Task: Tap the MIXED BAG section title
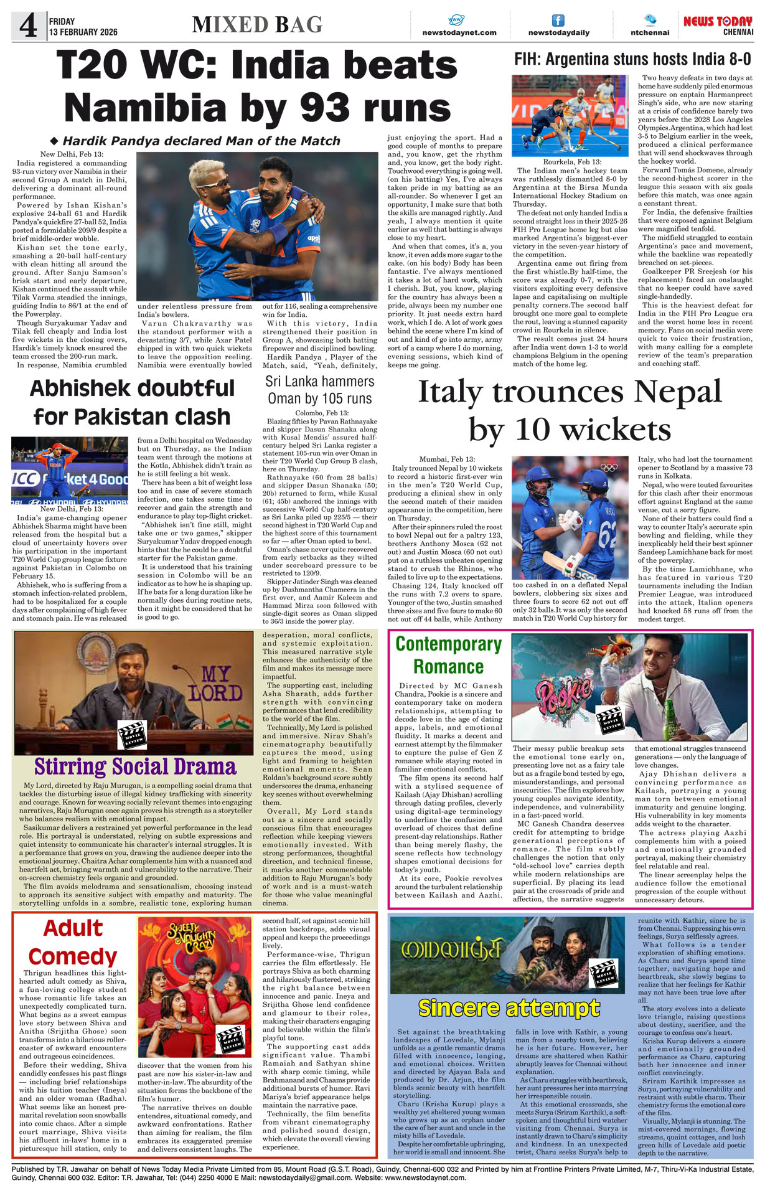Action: (257, 25)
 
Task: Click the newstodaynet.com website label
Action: (459, 32)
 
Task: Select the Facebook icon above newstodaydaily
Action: (558, 20)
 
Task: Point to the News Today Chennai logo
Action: (718, 25)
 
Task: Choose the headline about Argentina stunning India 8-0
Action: (632, 60)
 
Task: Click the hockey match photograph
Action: (570, 115)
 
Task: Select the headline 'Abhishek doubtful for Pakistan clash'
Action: (132, 402)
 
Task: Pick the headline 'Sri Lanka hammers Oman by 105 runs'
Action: (319, 390)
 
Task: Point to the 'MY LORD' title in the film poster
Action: (215, 684)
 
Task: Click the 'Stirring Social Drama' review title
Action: (135, 766)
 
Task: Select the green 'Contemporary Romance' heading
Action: (448, 655)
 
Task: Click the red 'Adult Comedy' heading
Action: (73, 942)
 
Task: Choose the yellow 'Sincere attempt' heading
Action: (509, 1007)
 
